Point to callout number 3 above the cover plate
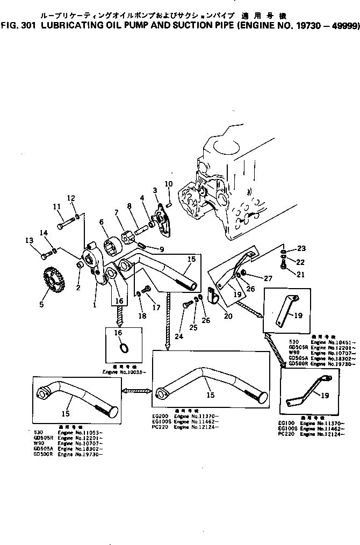pos(155,190)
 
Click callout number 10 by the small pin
pos(168,184)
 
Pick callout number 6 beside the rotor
pos(102,221)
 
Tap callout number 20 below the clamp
pos(228,316)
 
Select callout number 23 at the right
pos(301,248)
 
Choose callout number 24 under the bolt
pos(178,337)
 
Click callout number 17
pos(157,308)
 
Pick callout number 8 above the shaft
pos(129,205)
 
